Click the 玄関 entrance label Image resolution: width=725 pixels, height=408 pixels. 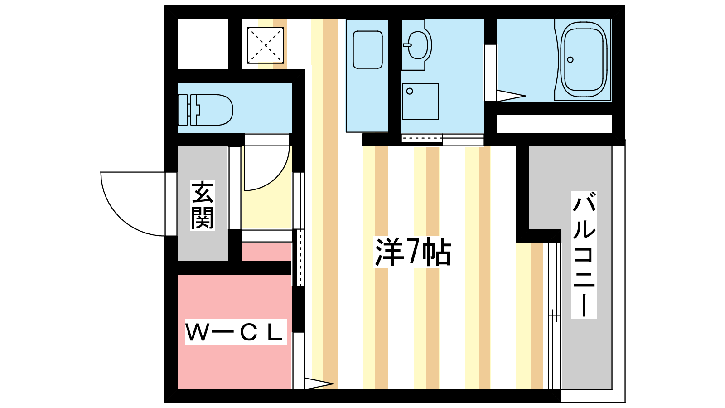(x=203, y=205)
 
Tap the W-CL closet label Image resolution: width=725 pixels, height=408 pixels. (x=236, y=331)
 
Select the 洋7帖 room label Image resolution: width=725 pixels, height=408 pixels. (x=413, y=252)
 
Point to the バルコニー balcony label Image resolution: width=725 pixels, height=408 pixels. (x=584, y=254)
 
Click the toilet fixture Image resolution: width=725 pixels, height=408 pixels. (x=206, y=110)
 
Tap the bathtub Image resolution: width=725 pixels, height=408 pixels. (x=584, y=59)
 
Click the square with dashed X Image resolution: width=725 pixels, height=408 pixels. (x=266, y=45)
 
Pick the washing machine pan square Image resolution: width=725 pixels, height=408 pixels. (x=420, y=102)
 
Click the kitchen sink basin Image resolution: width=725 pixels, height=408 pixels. (x=367, y=50)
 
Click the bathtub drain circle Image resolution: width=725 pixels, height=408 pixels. (x=570, y=59)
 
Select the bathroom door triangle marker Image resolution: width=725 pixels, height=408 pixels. (x=511, y=96)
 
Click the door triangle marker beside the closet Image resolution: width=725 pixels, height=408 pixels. (x=319, y=384)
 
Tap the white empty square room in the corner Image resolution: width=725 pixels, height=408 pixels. (x=203, y=44)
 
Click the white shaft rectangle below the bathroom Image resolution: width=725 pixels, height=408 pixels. (x=554, y=124)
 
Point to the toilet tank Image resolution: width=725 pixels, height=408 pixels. (x=183, y=110)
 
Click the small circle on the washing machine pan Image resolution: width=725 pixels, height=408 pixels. (x=410, y=91)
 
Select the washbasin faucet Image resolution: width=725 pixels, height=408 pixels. (x=407, y=45)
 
